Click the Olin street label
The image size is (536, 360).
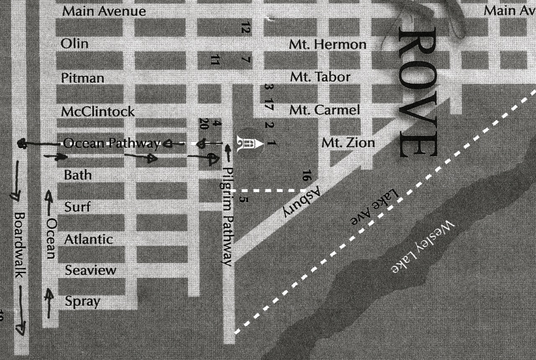(75, 44)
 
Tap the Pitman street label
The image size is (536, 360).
(82, 78)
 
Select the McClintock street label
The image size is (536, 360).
(98, 111)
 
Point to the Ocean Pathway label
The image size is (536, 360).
(112, 144)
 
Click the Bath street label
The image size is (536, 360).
(78, 175)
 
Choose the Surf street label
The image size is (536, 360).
(77, 207)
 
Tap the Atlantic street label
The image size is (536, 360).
(88, 239)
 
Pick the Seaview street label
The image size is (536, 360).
(90, 270)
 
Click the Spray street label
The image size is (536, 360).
(82, 301)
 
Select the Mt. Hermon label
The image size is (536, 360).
(327, 44)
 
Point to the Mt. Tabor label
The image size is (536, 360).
(320, 77)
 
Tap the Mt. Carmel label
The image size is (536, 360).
(325, 110)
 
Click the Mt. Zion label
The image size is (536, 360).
(348, 143)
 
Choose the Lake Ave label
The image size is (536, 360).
(374, 208)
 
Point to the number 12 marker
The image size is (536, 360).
(246, 28)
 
